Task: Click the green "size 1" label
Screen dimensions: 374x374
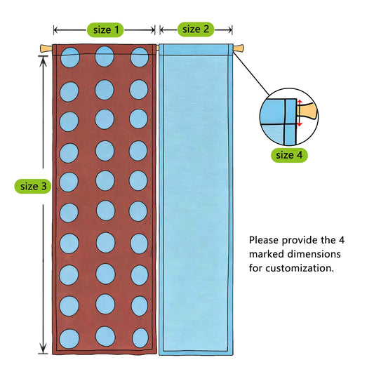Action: (x=105, y=29)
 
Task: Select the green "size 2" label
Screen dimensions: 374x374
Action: (x=196, y=29)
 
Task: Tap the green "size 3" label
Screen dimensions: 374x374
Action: (x=33, y=186)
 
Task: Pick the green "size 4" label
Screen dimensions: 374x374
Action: (x=289, y=155)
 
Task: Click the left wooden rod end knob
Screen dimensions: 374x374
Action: (x=46, y=48)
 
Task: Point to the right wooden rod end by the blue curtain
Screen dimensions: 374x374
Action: (x=239, y=48)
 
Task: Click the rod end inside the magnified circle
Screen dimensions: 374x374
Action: (x=307, y=112)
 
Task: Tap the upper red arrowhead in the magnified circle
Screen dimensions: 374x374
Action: (x=300, y=102)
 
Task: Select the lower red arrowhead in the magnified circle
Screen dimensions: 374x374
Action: (x=300, y=124)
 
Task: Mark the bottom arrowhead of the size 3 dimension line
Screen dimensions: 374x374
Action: (x=43, y=348)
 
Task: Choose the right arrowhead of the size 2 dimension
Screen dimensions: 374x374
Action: (x=229, y=29)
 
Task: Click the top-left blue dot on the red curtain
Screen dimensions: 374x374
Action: (x=70, y=58)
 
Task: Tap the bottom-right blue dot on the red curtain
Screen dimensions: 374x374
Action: (x=140, y=338)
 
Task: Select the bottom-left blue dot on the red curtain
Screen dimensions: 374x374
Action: (x=69, y=338)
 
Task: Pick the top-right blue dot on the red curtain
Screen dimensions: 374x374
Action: (x=140, y=57)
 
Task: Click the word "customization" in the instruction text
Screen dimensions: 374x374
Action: (x=300, y=268)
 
